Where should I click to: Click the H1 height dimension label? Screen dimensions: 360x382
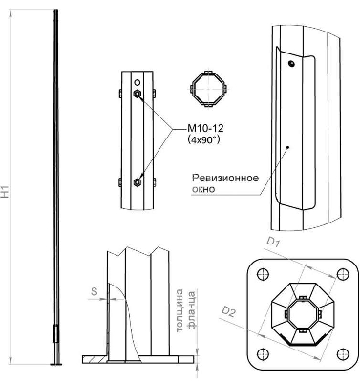pos(6,193)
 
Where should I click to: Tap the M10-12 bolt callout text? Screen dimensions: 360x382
pos(205,128)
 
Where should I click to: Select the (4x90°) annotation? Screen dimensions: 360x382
pos(203,139)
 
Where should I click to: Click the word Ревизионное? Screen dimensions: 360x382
pos(225,178)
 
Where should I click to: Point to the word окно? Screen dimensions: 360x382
pos(203,189)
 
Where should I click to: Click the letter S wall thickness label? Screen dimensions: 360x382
pos(95,291)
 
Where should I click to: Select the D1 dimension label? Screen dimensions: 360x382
pos(273,244)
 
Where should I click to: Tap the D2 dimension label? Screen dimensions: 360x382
pos(228,312)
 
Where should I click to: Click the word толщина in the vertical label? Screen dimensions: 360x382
pos(180,310)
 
